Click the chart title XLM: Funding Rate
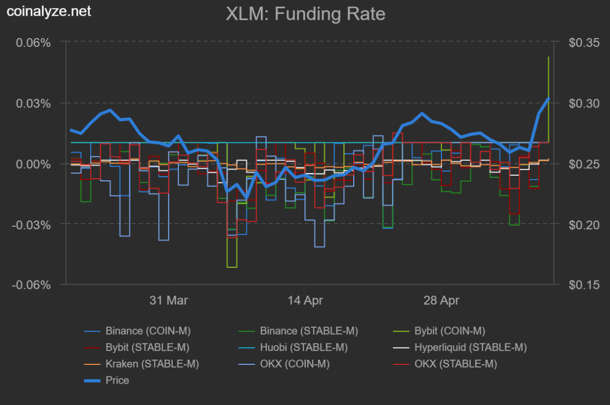[305, 14]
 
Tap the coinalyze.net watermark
[49, 11]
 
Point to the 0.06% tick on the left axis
[32, 42]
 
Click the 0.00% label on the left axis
[32, 164]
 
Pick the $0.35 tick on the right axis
[584, 42]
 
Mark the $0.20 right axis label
[584, 225]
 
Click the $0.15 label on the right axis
[584, 285]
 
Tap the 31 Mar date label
[169, 301]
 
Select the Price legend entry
[117, 381]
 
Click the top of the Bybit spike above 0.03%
[548, 57]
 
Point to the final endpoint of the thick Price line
[548, 98]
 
